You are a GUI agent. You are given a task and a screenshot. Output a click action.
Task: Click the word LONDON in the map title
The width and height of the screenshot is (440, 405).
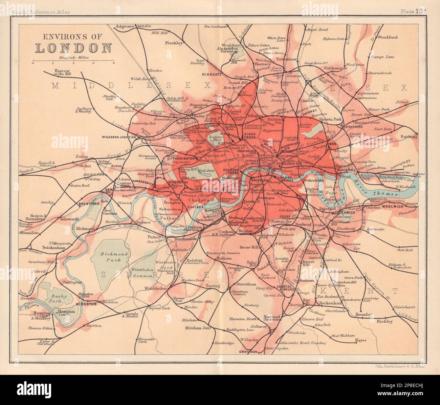(x=73, y=47)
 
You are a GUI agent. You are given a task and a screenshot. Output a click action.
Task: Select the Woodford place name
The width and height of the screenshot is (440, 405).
(x=388, y=37)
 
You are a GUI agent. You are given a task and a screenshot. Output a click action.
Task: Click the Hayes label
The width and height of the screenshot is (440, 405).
(x=360, y=340)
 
